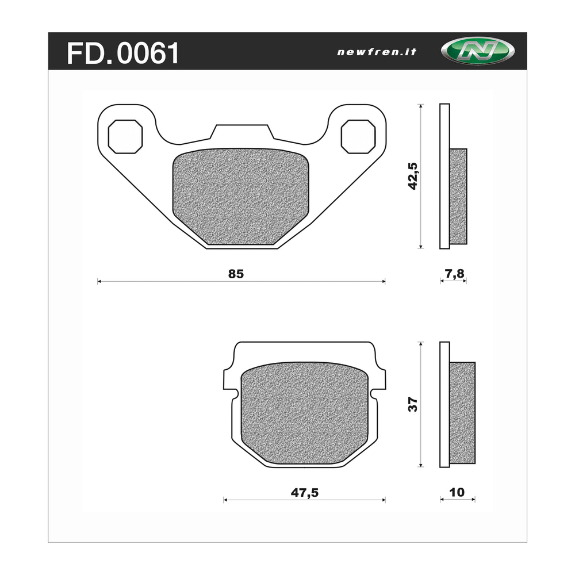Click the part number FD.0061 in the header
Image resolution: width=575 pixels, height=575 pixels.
click(123, 53)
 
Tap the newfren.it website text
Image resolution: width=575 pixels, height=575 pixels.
click(377, 52)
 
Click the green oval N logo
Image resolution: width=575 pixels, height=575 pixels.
click(477, 51)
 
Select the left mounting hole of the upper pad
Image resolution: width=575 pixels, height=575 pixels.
click(125, 136)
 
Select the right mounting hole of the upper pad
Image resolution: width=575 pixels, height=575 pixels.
click(358, 136)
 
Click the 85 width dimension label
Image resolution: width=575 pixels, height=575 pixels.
click(236, 274)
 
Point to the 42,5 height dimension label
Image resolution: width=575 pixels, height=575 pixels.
click(413, 176)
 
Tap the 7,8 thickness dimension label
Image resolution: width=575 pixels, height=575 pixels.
click(454, 274)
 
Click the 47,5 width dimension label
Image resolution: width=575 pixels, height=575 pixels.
click(304, 493)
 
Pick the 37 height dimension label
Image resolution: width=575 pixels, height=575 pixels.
click(413, 404)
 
